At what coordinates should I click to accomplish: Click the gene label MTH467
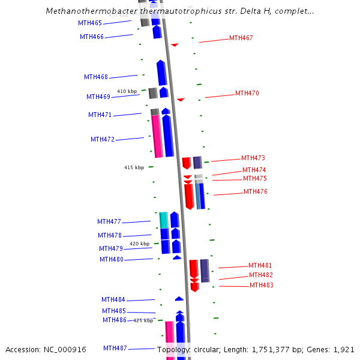click(241, 38)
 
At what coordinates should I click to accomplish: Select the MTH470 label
click(247, 93)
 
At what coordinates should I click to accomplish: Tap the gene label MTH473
click(253, 158)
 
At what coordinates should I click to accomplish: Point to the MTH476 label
click(255, 191)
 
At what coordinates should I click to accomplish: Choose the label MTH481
click(260, 265)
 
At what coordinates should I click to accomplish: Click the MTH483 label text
click(261, 285)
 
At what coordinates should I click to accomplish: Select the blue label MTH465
click(90, 23)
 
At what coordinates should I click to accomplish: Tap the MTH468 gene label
click(96, 77)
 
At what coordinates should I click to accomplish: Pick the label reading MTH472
click(103, 139)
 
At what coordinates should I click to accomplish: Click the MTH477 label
click(109, 222)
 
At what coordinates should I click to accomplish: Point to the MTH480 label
click(112, 259)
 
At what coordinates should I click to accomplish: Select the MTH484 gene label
click(113, 299)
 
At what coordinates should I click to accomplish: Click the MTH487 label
click(115, 348)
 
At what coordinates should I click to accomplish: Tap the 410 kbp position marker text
click(127, 91)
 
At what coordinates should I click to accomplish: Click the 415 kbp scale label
click(134, 167)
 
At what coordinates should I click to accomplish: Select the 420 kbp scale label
click(139, 244)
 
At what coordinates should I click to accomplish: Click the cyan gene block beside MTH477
click(164, 220)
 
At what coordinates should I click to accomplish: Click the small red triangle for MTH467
click(175, 44)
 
